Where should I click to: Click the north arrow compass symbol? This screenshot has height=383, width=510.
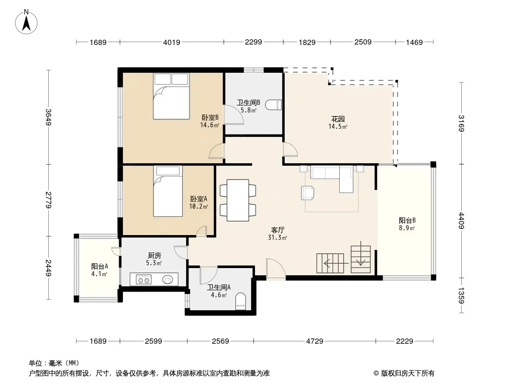coord(26,22)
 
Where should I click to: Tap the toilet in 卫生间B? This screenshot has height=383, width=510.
coord(273,105)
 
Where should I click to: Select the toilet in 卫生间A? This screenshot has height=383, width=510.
coord(240,301)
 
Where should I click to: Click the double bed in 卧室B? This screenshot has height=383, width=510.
coord(171,96)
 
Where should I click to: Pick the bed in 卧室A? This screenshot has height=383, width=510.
coord(168,191)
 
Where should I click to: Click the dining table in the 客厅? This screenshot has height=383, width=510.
coord(238,200)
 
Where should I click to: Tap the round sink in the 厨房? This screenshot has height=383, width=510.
coord(167,280)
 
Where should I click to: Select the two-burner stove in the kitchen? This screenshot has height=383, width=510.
coord(144,280)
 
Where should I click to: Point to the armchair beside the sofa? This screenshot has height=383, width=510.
coord(308,192)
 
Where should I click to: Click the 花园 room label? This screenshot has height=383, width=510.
coord(338,119)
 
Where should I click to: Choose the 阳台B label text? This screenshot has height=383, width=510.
coord(407,221)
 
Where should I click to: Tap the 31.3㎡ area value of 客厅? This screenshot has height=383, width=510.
coord(277,238)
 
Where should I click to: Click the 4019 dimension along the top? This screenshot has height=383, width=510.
coord(171,42)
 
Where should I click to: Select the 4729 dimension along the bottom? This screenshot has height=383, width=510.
coord(314,341)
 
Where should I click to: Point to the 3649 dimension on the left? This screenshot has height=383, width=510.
coord(48,117)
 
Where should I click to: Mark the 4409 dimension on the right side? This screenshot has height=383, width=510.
coord(462,221)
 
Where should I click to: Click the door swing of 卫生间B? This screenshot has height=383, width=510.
coord(233,114)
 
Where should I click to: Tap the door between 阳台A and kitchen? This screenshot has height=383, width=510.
coord(116,251)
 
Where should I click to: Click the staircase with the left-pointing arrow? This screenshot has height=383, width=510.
coord(330,263)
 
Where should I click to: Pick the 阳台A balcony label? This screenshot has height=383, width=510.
coord(100,267)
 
